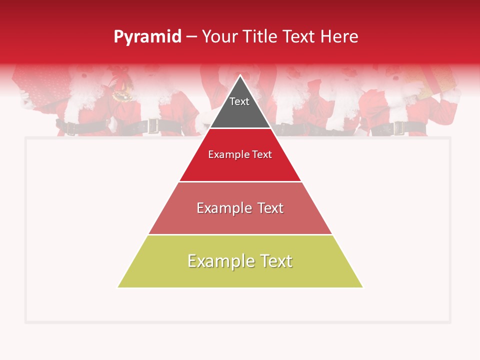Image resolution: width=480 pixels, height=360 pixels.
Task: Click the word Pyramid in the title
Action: coord(147,37)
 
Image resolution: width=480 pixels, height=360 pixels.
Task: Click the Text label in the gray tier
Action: coord(239,102)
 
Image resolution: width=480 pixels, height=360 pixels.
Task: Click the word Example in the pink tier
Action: coord(223,208)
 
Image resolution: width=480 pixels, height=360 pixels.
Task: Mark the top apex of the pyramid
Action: coord(240,75)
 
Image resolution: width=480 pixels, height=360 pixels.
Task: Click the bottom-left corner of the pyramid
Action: coord(118,287)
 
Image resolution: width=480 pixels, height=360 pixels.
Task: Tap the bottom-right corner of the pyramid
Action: coord(362,287)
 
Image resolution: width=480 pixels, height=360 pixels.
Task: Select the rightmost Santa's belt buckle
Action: coord(399,128)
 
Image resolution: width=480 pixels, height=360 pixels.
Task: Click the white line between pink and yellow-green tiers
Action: coord(240,234)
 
